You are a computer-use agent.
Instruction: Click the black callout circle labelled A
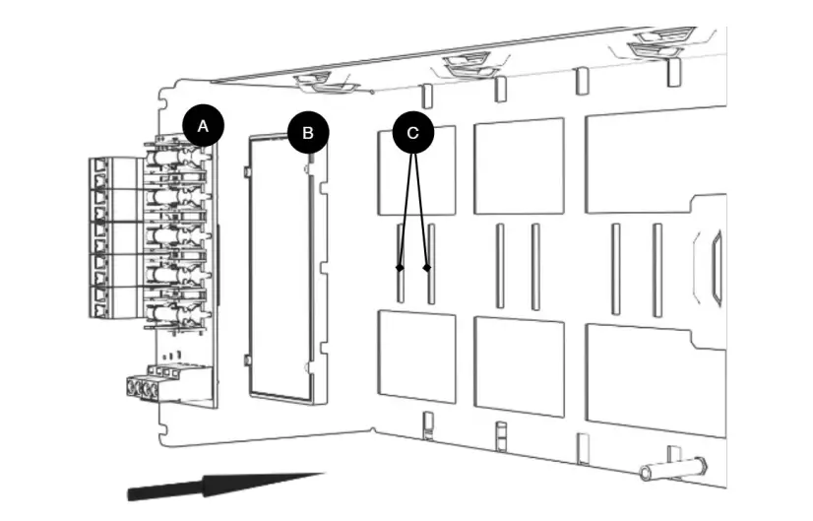pyautogui.click(x=203, y=126)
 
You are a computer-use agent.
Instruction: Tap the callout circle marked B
pyautogui.click(x=308, y=131)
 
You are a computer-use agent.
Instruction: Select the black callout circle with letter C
pyautogui.click(x=413, y=131)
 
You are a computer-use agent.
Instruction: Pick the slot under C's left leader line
pyautogui.click(x=399, y=263)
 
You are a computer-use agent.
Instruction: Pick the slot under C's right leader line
pyautogui.click(x=430, y=263)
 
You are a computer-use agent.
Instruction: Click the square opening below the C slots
pyautogui.click(x=417, y=356)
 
